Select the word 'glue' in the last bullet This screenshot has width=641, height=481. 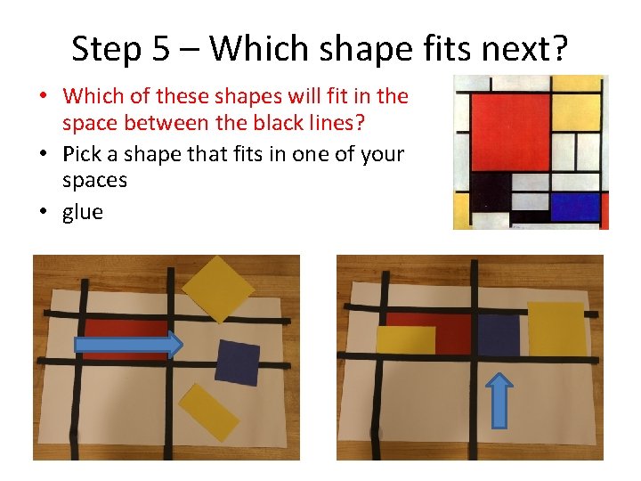(83, 212)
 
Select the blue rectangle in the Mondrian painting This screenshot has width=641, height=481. (575, 207)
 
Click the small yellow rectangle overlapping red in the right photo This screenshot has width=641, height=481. (406, 340)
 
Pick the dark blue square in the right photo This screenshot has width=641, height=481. (498, 336)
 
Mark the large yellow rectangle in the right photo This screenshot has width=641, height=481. (556, 329)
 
